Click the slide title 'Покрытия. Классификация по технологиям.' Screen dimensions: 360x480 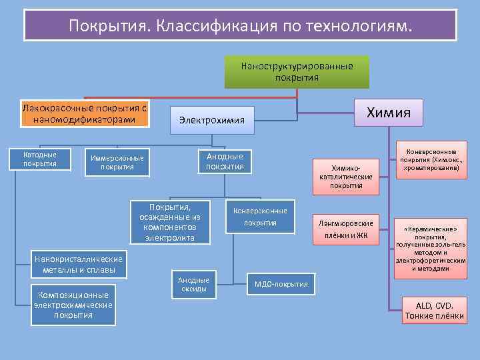click(x=240, y=25)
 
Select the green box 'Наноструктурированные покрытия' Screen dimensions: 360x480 click(x=297, y=72)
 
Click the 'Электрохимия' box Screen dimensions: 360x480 click(x=212, y=120)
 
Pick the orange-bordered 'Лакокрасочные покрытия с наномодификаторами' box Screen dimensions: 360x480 click(x=84, y=114)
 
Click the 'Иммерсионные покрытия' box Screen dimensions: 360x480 click(x=117, y=162)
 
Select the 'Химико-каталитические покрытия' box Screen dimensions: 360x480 click(x=346, y=177)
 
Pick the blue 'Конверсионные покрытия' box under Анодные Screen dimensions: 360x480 click(x=260, y=217)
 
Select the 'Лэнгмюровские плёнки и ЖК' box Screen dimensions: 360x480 click(x=346, y=229)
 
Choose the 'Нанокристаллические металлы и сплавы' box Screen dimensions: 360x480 click(x=79, y=264)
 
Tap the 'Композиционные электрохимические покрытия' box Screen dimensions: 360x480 click(x=73, y=305)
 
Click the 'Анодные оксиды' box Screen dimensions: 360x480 click(x=194, y=285)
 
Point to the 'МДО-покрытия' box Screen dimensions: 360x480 click(x=281, y=285)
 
